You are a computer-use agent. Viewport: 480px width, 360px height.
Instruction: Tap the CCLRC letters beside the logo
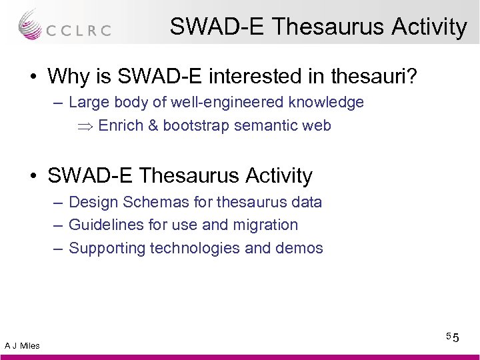point(78,31)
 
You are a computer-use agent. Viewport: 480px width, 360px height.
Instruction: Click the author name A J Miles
point(22,345)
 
